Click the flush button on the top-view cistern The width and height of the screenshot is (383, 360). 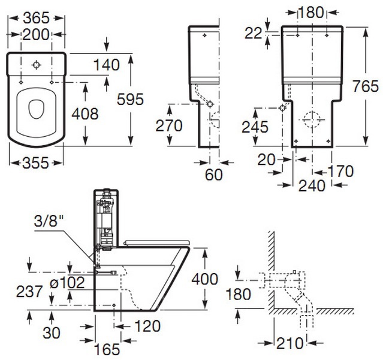tap(37, 64)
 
